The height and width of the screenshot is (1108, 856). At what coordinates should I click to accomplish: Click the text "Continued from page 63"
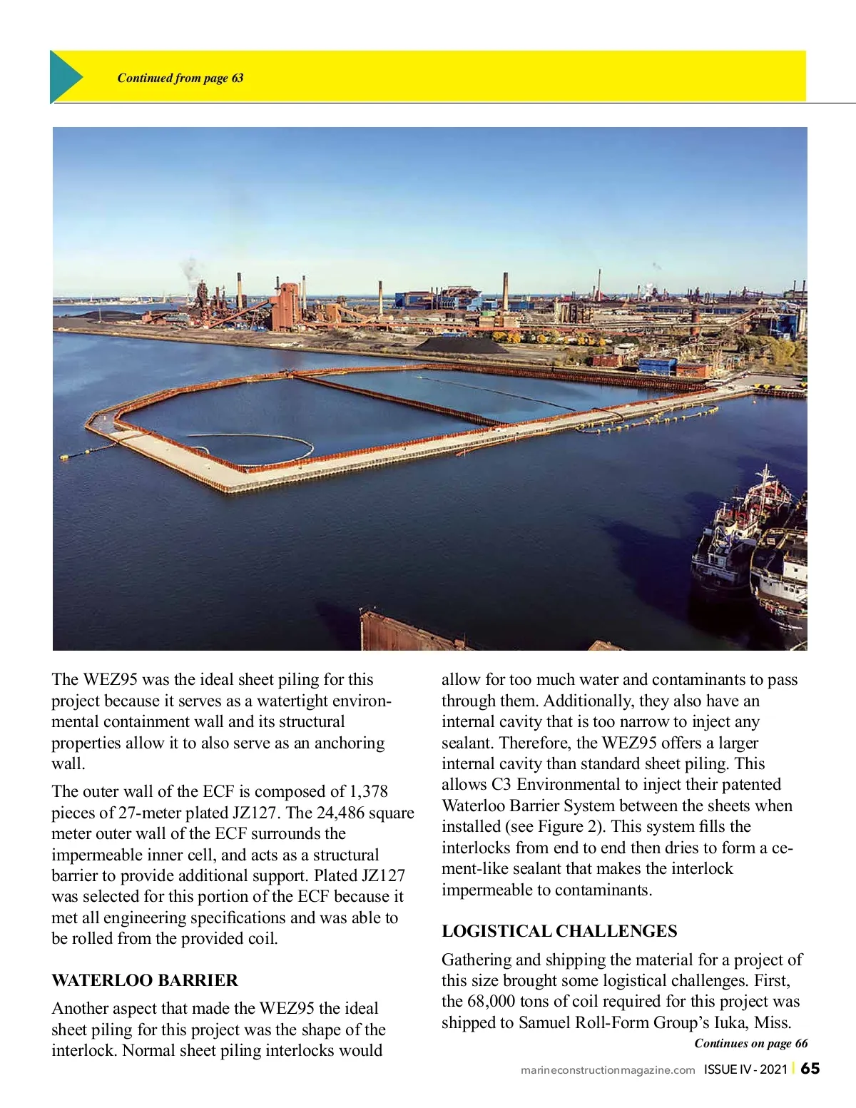pos(180,78)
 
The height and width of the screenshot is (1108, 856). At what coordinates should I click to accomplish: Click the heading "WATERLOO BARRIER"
pos(145,980)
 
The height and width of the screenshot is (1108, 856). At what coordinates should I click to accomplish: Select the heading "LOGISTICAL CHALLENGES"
pos(559,931)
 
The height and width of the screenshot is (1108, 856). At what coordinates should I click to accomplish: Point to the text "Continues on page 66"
pos(750,1043)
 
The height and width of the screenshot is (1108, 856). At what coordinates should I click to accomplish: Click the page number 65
pos(810,1068)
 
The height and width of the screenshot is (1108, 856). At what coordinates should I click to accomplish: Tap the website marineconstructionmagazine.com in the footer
pos(608,1069)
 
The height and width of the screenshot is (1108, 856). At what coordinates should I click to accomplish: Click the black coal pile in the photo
pos(462,346)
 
